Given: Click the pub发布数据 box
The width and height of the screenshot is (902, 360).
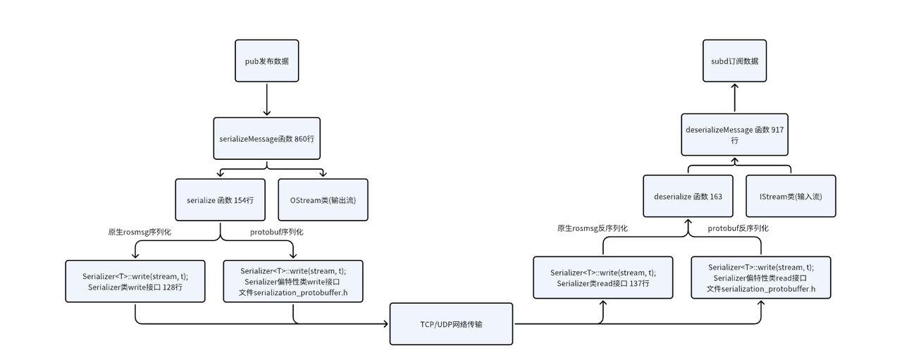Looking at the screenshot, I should coord(266,61).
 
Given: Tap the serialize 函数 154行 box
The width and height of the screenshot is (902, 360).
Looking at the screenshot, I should coord(220,199).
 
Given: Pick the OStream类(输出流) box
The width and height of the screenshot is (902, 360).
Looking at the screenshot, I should coord(323,199).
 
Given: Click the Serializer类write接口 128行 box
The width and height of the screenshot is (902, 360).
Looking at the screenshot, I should coord(135,281).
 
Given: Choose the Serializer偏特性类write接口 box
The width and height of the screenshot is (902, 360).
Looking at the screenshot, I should coord(293,281).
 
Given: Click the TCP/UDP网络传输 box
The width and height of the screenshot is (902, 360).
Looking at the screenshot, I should coord(452,323).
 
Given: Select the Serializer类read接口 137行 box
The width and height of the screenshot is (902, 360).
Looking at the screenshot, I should coord(603,278).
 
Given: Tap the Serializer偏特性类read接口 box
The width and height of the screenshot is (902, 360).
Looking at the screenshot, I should coord(761,277).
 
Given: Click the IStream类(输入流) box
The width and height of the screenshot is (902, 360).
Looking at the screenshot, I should coord(791,196).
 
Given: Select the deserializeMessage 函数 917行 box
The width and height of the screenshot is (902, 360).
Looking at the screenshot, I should coord(735,135).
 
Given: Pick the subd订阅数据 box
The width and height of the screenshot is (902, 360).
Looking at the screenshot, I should coord(734,61).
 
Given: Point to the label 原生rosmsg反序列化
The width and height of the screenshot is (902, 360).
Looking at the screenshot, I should coord(592,228).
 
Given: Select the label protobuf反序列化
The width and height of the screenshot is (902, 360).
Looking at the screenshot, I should coord(738,228).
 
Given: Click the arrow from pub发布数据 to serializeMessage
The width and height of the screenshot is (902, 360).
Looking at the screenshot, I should coord(266,100).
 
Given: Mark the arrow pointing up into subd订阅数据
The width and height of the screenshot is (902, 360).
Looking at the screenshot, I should coord(734,97).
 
